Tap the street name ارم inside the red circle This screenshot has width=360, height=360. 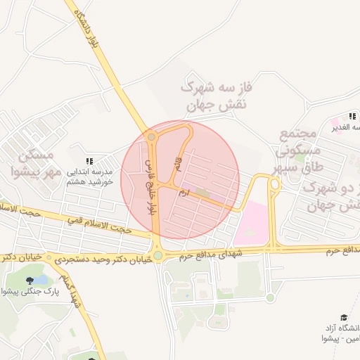[x=184, y=191]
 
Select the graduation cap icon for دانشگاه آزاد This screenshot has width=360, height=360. [x=343, y=318]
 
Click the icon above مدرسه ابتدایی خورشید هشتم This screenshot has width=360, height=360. [x=89, y=161]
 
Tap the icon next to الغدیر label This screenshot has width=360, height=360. [x=352, y=116]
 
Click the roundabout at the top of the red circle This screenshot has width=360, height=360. [x=152, y=137]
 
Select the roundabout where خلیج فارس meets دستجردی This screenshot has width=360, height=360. [x=158, y=256]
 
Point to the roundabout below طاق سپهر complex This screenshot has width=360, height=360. [x=274, y=185]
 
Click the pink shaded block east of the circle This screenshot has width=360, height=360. [x=252, y=224]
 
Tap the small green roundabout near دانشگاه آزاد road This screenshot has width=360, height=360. [x=270, y=298]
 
